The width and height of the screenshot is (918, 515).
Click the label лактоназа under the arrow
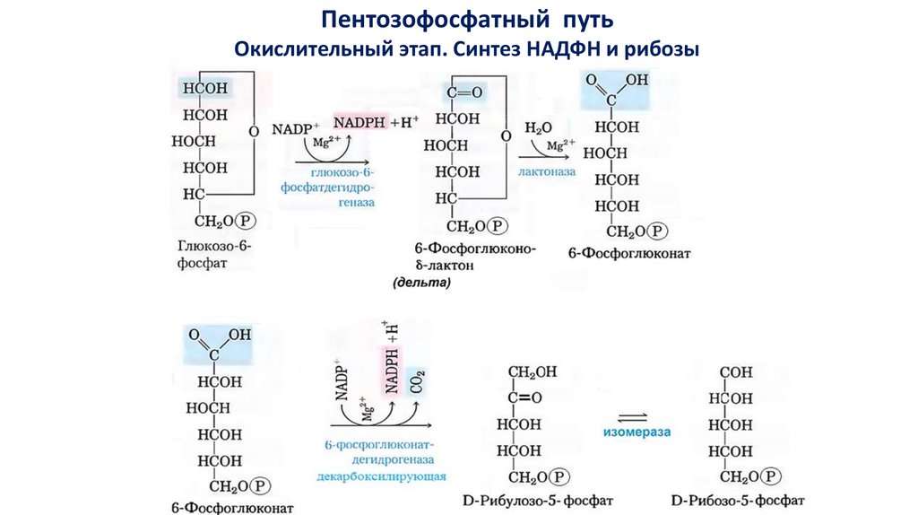(x=546, y=170)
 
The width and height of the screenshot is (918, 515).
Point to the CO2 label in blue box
(x=416, y=382)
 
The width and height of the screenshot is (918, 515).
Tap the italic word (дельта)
(x=421, y=282)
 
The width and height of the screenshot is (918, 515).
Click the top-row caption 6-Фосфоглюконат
(x=629, y=254)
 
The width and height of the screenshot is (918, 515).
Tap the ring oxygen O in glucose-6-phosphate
(x=254, y=131)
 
